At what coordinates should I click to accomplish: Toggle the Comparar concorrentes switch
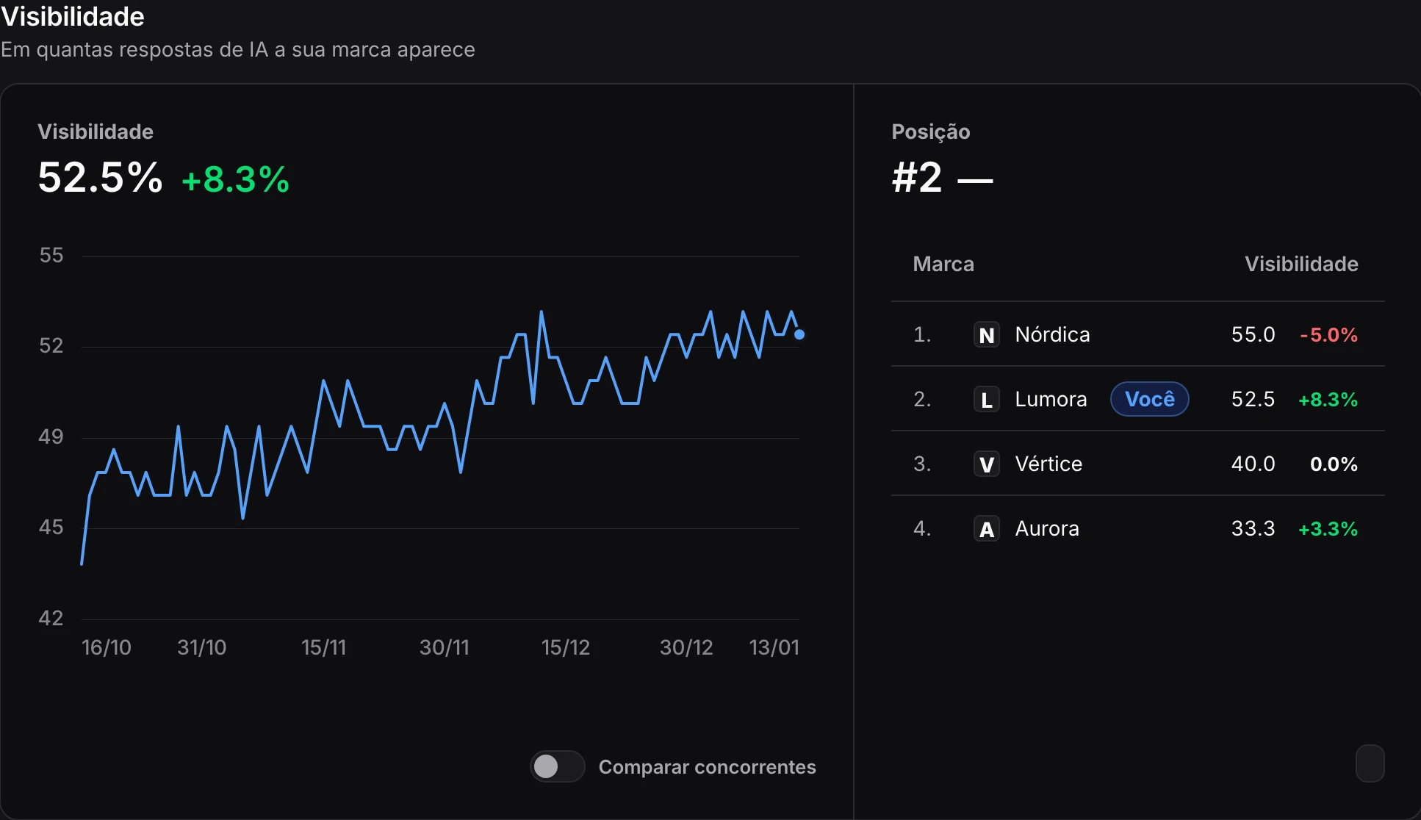[558, 766]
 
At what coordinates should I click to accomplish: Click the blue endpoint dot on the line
[799, 334]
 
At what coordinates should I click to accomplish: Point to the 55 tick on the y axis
[51, 255]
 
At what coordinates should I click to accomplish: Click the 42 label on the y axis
[51, 618]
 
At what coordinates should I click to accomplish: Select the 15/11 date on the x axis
[323, 647]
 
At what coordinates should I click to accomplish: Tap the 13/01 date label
[774, 647]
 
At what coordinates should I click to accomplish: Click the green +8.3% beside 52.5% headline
[236, 179]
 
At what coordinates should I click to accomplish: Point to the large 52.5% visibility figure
[101, 178]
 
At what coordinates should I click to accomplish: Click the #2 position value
[917, 178]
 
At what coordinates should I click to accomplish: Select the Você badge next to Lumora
[1150, 399]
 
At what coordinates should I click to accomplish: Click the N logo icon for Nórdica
[987, 335]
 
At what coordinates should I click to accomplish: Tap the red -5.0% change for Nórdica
[1328, 335]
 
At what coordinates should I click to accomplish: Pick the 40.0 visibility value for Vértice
[1253, 464]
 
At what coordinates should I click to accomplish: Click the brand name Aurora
[1047, 528]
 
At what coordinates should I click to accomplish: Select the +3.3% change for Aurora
[1328, 529]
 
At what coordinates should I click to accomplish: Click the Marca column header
[943, 264]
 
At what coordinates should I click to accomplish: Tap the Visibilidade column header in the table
[1301, 264]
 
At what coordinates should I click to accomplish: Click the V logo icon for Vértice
[987, 464]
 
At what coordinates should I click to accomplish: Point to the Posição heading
[931, 132]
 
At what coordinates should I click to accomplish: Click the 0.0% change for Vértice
[1334, 464]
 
